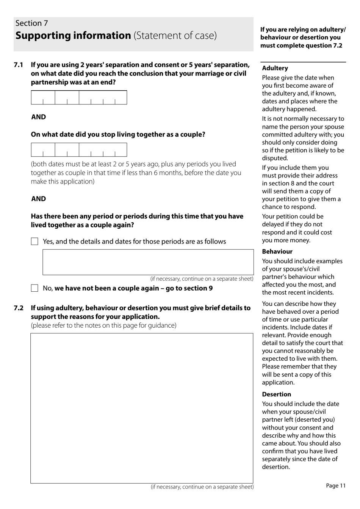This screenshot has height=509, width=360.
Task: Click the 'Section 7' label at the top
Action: pos(32,23)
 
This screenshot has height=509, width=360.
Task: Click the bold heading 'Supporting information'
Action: pos(73,36)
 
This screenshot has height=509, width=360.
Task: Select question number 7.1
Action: pos(19,65)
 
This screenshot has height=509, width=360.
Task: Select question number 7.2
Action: pos(19,308)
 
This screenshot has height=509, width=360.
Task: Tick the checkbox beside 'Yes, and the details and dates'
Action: pos(34,242)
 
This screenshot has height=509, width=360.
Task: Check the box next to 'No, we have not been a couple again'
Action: pos(34,288)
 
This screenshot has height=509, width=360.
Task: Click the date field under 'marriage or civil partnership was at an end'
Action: pos(79,97)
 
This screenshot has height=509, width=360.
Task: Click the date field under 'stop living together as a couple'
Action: pos(79,150)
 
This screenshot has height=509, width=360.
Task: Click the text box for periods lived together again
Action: pos(148,262)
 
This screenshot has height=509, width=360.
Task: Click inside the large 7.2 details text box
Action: pos(142,408)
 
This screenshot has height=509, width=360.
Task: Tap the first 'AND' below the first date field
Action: pos(38,117)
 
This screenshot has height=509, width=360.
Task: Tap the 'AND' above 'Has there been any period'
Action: pos(38,199)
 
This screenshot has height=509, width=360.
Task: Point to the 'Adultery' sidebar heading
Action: pos(275,68)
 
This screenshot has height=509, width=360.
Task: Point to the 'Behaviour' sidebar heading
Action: pos(277,251)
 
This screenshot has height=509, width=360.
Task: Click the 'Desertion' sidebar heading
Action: pos(276,394)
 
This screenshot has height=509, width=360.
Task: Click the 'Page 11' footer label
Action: pos(336,485)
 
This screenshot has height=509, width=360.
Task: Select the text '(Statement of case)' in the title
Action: pos(175,36)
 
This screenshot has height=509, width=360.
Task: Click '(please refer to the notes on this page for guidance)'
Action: pos(103,325)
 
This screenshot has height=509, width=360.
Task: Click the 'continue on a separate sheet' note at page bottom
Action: pos(202,487)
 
